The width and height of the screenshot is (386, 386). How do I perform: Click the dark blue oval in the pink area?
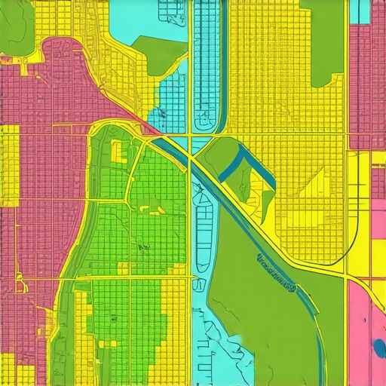tap(378, 348)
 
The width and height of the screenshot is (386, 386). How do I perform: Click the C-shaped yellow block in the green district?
tap(118, 149)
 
